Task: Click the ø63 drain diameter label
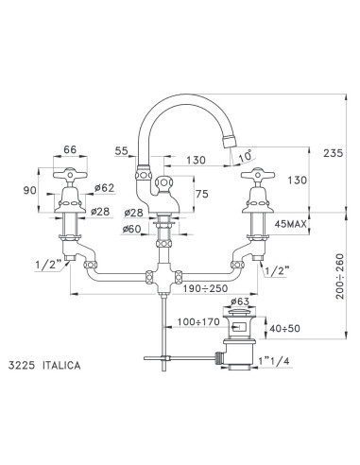pyautogui.click(x=240, y=302)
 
